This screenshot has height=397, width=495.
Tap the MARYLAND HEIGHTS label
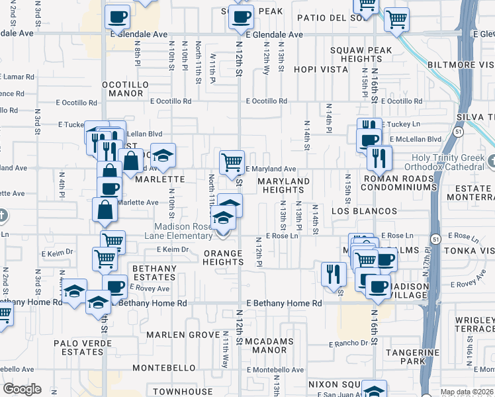(283, 186)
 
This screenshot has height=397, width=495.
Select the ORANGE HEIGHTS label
(223, 257)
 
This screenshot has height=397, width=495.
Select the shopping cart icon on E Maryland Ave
(232, 161)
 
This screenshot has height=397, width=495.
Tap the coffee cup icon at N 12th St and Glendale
(241, 17)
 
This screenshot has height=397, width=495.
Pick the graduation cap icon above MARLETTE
(163, 155)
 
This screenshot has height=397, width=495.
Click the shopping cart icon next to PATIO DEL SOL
(397, 19)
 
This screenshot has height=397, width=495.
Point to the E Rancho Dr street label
(347, 343)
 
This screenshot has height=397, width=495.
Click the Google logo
(22, 389)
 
